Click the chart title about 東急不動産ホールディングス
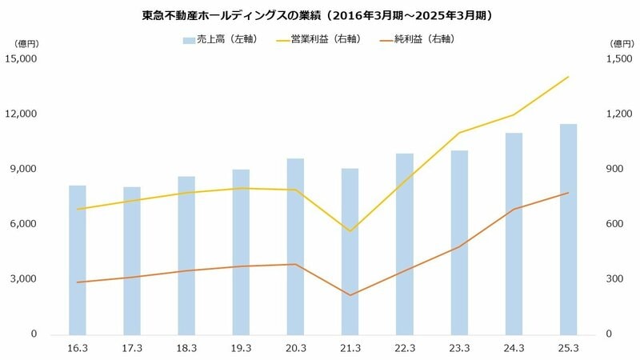pos(320,14)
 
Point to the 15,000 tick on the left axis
pos(23,59)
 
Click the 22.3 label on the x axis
pos(405,348)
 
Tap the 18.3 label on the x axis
pos(186,348)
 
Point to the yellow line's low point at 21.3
pos(350,231)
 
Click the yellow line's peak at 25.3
pos(568,77)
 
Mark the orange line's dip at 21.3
pos(350,295)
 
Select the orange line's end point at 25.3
pos(568,193)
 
